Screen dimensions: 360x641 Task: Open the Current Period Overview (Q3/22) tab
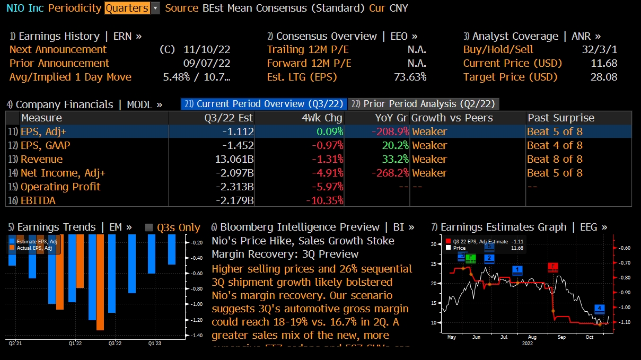point(264,104)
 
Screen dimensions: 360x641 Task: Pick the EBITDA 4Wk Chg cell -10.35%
point(324,200)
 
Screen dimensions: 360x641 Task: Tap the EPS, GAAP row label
point(45,145)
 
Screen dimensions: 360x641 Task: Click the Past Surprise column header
point(561,118)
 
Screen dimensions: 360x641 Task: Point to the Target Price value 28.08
point(604,77)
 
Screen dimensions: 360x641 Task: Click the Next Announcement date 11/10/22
point(207,49)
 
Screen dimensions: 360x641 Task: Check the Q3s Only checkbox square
point(149,227)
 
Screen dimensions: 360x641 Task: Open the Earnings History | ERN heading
point(76,36)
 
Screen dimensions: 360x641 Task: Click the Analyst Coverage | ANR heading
point(532,36)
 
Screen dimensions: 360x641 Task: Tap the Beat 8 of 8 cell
point(555,159)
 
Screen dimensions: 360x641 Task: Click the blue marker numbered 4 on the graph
point(600,308)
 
